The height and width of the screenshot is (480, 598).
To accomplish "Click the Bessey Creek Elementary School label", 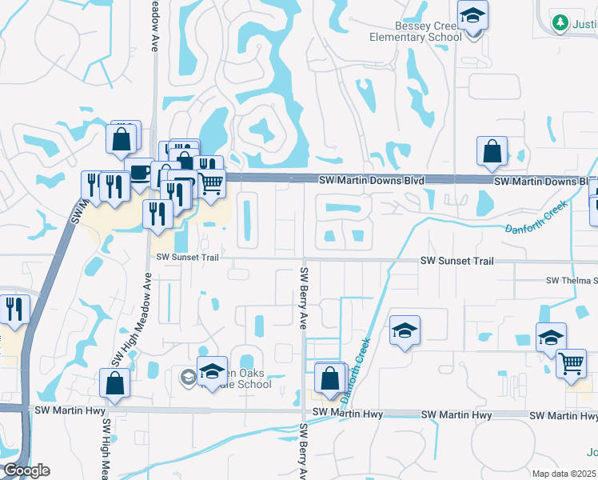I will [416, 31].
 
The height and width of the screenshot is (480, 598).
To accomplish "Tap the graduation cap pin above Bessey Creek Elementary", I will [472, 16].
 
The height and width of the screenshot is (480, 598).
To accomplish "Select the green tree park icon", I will [560, 22].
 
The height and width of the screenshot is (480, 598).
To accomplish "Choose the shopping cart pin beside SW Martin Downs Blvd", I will [211, 183].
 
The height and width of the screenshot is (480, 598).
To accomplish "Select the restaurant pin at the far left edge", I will [14, 308].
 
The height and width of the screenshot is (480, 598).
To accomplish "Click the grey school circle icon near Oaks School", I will [188, 377].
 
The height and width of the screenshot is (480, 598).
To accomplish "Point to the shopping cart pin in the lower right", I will [572, 362].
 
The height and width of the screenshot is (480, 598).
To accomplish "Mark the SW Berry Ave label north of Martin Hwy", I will [304, 298].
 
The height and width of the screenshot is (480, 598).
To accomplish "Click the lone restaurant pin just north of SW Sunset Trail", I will [157, 214].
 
